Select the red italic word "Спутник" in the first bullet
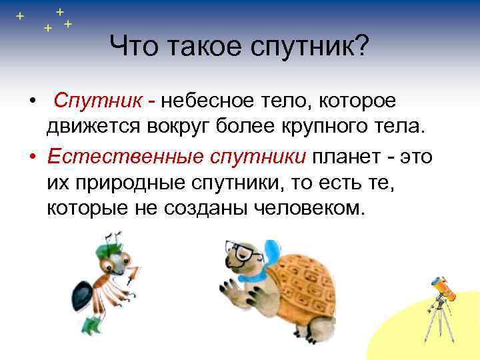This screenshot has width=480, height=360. coord(97,101)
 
